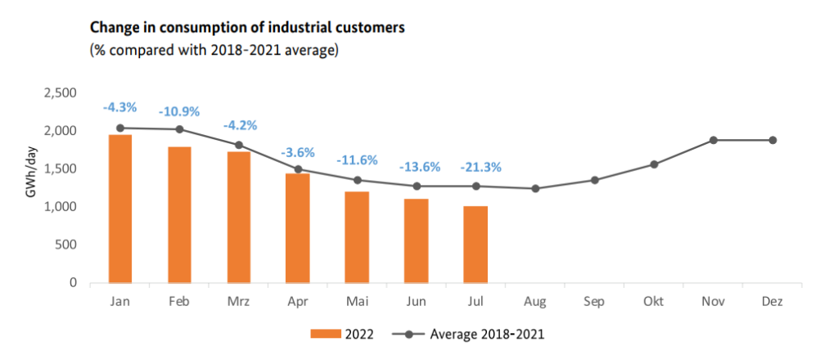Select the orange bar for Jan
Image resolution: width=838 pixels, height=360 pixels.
pyautogui.click(x=120, y=209)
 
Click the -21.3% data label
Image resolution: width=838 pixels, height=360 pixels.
pyautogui.click(x=480, y=168)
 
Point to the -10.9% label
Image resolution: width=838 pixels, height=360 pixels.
pyautogui.click(x=180, y=111)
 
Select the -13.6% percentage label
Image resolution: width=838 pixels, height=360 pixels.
pyautogui.click(x=420, y=167)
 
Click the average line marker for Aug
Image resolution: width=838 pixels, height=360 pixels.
pyautogui.click(x=535, y=189)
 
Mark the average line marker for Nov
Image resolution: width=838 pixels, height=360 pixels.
pyautogui.click(x=713, y=140)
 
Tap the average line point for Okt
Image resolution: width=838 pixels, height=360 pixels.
pyautogui.click(x=654, y=164)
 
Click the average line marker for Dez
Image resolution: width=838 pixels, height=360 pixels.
pyautogui.click(x=772, y=140)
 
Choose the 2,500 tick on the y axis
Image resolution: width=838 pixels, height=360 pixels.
pyautogui.click(x=61, y=93)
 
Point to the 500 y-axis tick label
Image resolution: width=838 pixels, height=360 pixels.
pyautogui.click(x=67, y=245)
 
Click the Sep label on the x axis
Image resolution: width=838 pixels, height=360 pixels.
pyautogui.click(x=594, y=302)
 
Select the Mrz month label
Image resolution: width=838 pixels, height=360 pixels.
pyautogui.click(x=239, y=302)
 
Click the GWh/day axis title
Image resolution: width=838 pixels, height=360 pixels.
pyautogui.click(x=29, y=188)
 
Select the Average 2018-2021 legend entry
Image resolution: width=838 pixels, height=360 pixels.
pyautogui.click(x=467, y=334)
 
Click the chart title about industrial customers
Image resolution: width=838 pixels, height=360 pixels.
pyautogui.click(x=246, y=29)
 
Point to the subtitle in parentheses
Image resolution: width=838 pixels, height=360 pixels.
pyautogui.click(x=214, y=51)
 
